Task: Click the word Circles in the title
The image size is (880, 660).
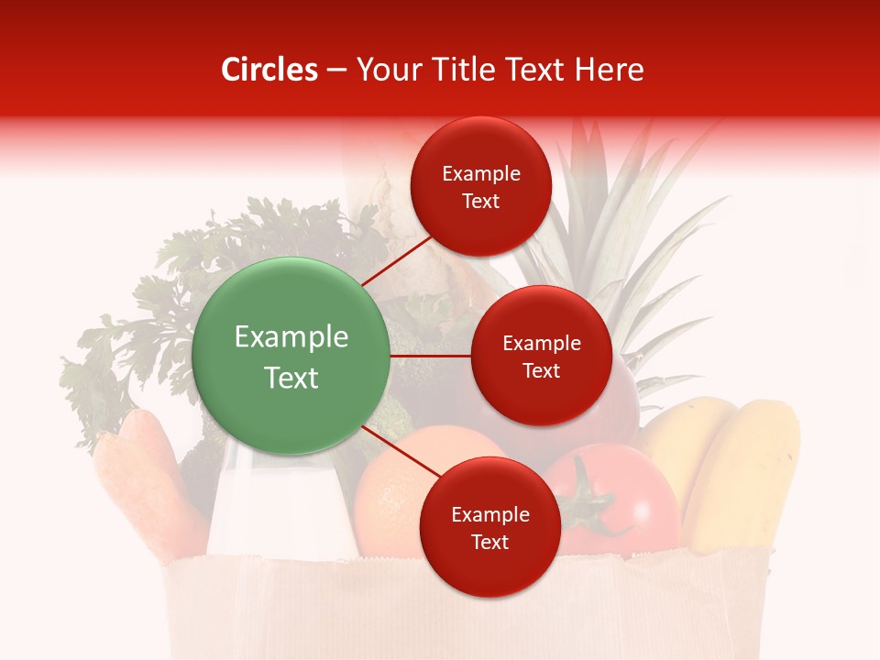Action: pos(269,70)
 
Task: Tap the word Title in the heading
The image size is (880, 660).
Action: pos(468,70)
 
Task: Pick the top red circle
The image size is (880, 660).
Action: pos(480,186)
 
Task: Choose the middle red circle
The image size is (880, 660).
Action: pos(541,356)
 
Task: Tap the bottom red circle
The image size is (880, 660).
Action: pos(489,527)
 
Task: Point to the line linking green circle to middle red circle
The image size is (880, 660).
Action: pos(430,356)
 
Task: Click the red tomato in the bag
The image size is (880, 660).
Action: pos(632,495)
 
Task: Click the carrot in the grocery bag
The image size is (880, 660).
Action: pos(147,477)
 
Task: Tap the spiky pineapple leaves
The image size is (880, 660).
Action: pos(632,229)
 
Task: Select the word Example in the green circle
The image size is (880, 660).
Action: pos(291,337)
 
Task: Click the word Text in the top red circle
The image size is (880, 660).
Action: pos(480,202)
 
